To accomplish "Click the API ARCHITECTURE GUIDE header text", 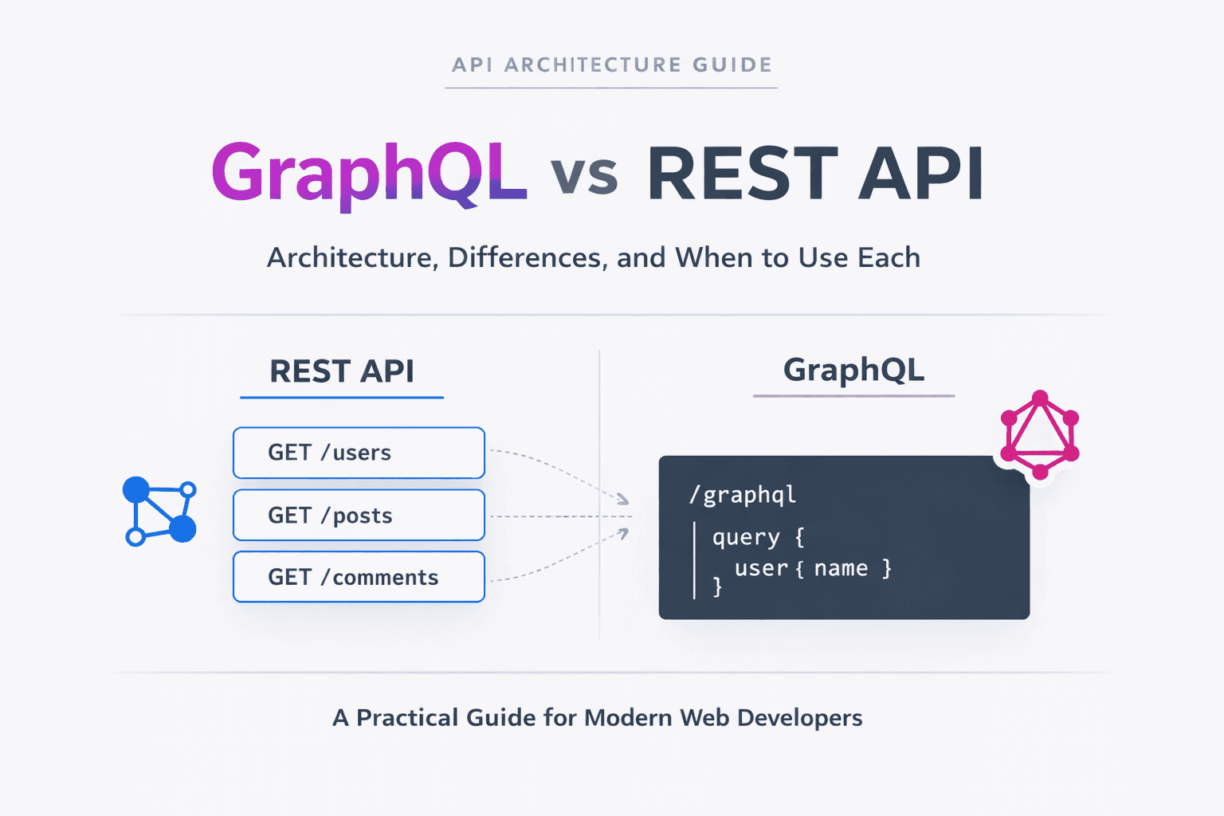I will [x=611, y=65].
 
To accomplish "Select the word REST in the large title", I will [x=741, y=175].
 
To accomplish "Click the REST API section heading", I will [x=342, y=371].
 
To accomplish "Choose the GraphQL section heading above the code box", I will [x=853, y=370].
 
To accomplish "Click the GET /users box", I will [x=359, y=453].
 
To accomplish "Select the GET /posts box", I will [x=359, y=516].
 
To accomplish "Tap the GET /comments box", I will [x=359, y=577].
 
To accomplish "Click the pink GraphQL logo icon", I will [x=1039, y=435].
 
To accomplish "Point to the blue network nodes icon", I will [x=159, y=511].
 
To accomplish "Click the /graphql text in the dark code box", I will [x=743, y=495].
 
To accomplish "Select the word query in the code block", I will [x=746, y=537].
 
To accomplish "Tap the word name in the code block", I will [x=841, y=568].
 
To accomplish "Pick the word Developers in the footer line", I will [x=799, y=717].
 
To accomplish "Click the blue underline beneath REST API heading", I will [x=342, y=397].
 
